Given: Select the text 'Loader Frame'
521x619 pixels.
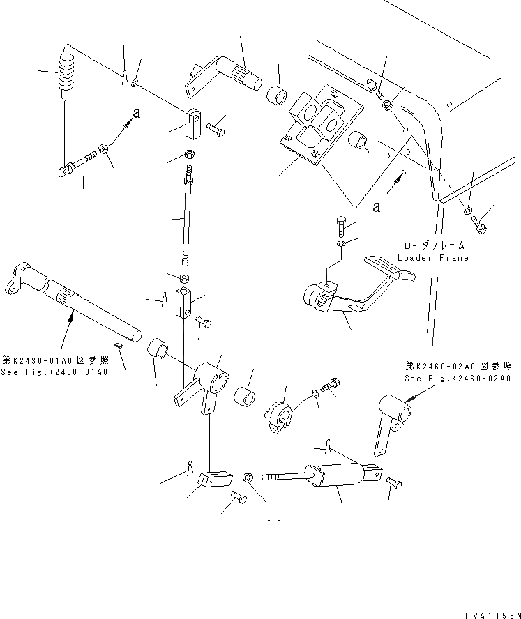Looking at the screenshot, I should coord(432,258).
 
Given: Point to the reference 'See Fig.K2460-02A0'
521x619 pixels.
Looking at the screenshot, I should coord(458,379).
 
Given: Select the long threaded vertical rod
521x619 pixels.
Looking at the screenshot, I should coord(186,220).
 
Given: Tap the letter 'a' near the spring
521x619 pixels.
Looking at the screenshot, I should coord(137,114).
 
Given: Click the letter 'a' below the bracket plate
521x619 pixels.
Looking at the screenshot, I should coord(377,206).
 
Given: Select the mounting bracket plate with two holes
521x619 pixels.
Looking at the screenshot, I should coord(320,125).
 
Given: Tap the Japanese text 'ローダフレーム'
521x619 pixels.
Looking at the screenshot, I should coord(432,245).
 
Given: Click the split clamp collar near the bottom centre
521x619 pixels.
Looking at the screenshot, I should coord(281,418).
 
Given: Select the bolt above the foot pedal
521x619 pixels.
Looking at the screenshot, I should coord(340,226).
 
